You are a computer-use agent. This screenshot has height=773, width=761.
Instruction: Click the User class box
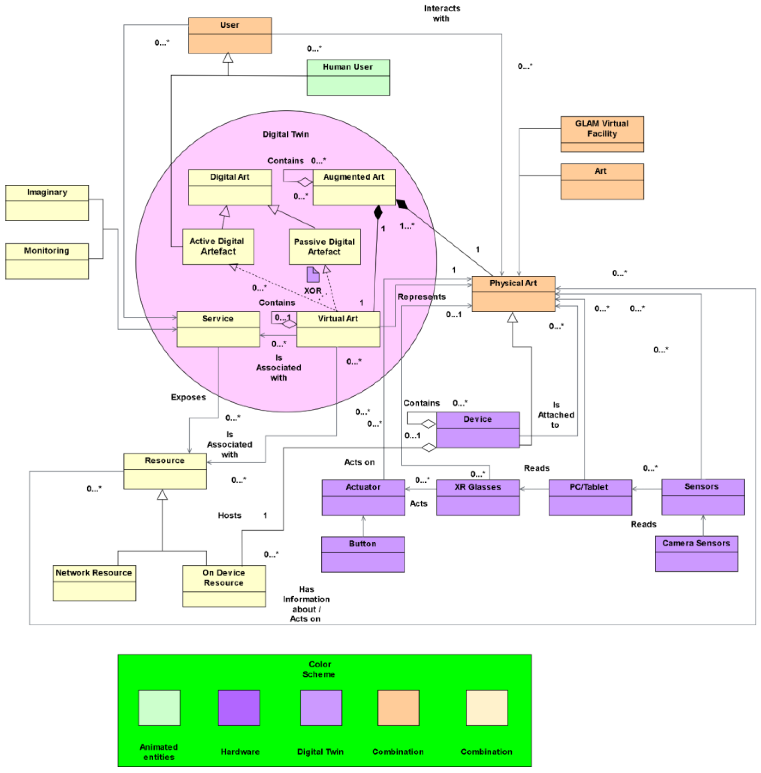click(230, 35)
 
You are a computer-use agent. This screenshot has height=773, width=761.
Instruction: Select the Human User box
click(348, 77)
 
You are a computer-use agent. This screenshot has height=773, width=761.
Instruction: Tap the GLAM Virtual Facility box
click(601, 134)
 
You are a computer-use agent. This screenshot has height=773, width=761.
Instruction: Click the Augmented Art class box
click(354, 187)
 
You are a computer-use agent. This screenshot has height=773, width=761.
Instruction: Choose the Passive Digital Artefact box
click(324, 246)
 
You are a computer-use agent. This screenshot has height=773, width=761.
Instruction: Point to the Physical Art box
click(513, 293)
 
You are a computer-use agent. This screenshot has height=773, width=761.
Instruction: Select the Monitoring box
click(47, 261)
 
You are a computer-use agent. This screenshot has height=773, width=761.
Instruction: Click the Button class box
click(362, 554)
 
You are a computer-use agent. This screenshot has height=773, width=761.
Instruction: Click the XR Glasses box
click(478, 497)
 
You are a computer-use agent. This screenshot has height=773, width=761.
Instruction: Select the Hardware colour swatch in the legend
click(239, 707)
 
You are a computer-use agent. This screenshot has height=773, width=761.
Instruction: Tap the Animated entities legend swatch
click(159, 707)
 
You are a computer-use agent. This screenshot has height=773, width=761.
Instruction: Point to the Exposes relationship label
click(188, 397)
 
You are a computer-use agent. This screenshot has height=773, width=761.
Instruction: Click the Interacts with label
click(442, 13)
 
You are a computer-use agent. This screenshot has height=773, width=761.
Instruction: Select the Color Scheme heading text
click(319, 669)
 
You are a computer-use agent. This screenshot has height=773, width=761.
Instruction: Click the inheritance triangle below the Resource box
click(162, 495)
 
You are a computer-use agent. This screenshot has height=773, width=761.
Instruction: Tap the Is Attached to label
click(555, 415)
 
